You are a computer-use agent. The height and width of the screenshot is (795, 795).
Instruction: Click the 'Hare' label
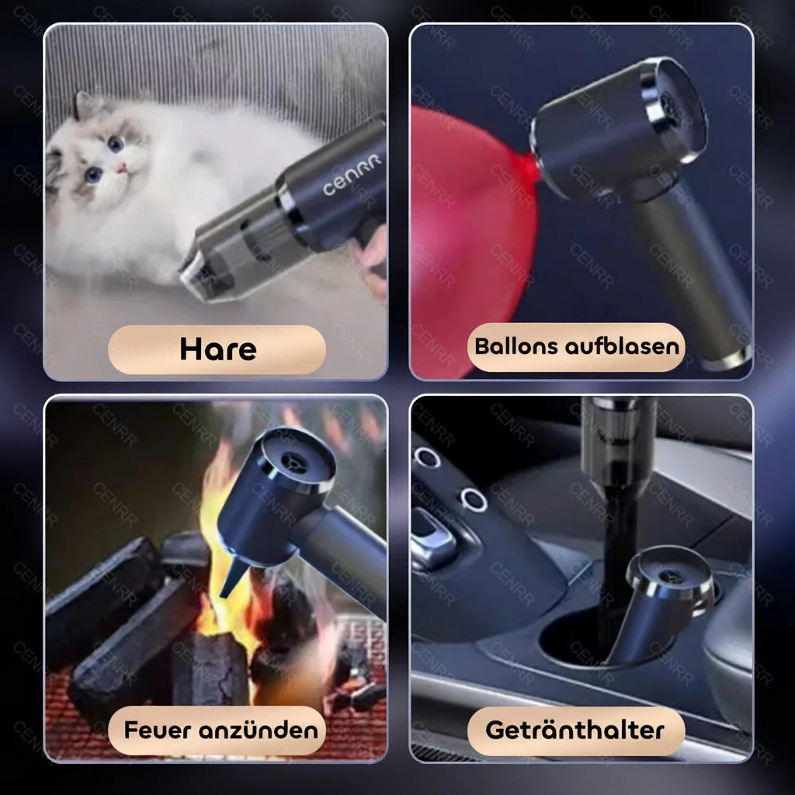click(x=217, y=349)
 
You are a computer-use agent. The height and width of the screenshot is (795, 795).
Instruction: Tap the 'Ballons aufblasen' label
click(x=576, y=346)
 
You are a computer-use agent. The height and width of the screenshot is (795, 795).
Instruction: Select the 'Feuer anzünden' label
click(x=220, y=730)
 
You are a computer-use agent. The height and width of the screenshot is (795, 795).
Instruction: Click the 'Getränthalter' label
click(x=575, y=730)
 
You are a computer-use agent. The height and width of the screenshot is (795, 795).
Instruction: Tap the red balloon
click(x=466, y=233)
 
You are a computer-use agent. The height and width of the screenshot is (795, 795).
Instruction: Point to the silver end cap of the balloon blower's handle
click(x=726, y=359)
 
